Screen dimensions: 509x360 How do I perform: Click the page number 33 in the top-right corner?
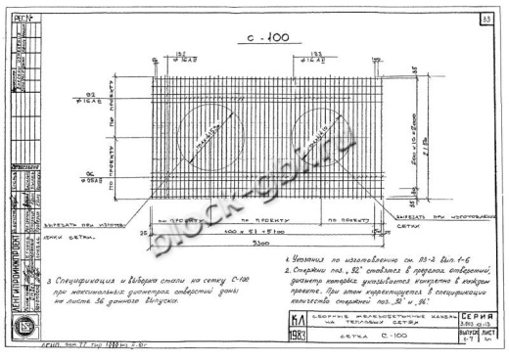tap(486, 19)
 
